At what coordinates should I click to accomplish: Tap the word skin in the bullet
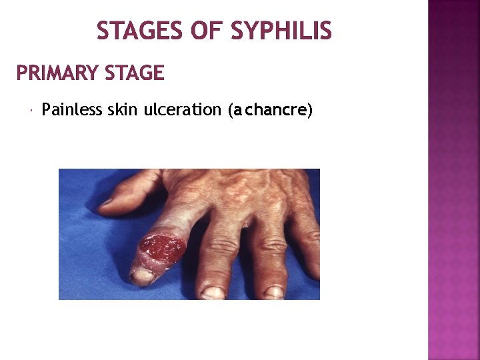[x=123, y=110]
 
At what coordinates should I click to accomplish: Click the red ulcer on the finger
[x=163, y=247]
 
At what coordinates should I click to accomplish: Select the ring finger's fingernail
[x=273, y=291]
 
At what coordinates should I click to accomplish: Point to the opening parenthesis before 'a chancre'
[x=230, y=111]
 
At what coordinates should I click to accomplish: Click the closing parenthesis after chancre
[x=309, y=111]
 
